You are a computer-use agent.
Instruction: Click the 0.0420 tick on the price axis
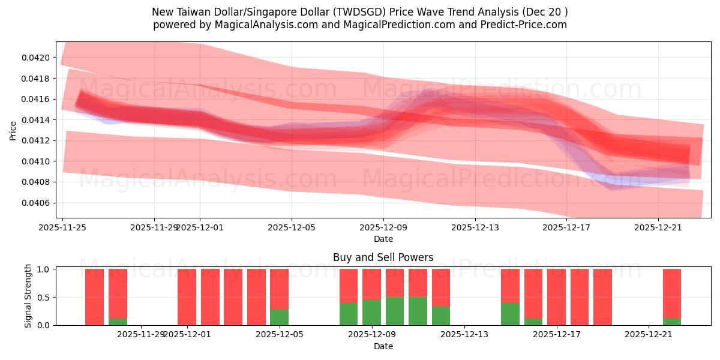tap(38, 58)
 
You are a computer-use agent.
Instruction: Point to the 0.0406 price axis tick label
tap(38, 203)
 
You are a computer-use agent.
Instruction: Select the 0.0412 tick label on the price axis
tap(38, 140)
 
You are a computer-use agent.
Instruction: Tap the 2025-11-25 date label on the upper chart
tap(62, 227)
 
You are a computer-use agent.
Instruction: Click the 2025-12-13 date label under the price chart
tap(475, 227)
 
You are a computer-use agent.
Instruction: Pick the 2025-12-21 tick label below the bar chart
tap(649, 335)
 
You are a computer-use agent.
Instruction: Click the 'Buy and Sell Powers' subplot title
tap(383, 257)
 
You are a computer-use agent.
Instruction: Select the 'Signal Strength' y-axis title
tap(28, 296)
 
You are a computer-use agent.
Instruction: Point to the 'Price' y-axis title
tap(13, 130)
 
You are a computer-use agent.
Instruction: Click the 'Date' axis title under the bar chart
tap(383, 346)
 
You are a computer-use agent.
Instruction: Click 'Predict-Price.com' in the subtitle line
tap(524, 25)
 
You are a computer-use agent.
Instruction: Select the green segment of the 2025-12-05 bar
tap(279, 317)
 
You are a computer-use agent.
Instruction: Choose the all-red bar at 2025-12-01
tap(187, 297)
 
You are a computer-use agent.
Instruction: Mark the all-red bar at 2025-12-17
tap(556, 297)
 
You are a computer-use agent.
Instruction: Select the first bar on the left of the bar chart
tap(94, 297)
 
